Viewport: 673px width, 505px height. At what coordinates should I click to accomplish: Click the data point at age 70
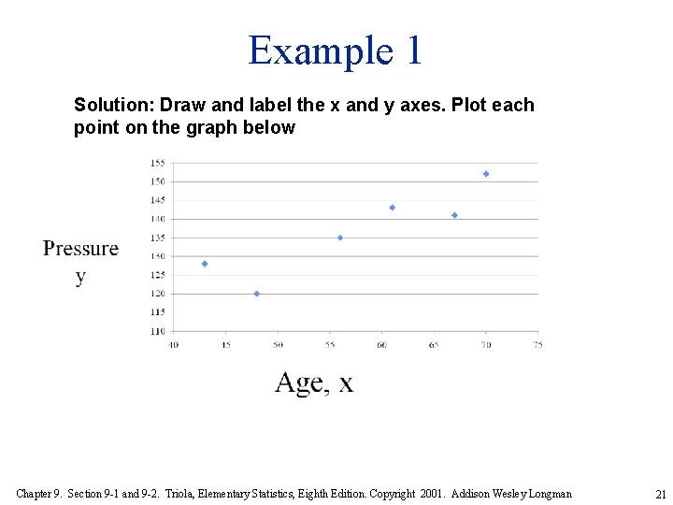(486, 174)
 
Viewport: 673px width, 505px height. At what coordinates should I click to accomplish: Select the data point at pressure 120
(257, 294)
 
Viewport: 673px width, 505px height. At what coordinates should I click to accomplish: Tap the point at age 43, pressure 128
(205, 264)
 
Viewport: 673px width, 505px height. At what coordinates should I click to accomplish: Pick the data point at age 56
(340, 238)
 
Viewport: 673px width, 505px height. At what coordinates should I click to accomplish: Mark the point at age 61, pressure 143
(393, 208)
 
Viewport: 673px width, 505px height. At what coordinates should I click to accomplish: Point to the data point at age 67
(454, 215)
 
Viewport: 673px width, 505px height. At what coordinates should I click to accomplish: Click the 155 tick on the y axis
(157, 163)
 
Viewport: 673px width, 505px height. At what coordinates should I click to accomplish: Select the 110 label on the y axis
(157, 331)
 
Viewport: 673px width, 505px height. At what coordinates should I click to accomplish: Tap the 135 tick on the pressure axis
(157, 238)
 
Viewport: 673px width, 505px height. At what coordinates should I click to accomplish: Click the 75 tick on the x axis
(537, 345)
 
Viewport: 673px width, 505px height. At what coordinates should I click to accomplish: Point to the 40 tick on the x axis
(174, 345)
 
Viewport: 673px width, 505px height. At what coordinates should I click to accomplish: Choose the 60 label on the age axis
(381, 345)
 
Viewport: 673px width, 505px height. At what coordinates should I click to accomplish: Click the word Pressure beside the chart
(81, 249)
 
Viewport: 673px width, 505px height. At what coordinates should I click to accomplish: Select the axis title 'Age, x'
(314, 382)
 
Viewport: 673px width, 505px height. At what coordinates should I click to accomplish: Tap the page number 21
(661, 494)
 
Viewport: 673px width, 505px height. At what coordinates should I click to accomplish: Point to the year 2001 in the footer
(431, 493)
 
